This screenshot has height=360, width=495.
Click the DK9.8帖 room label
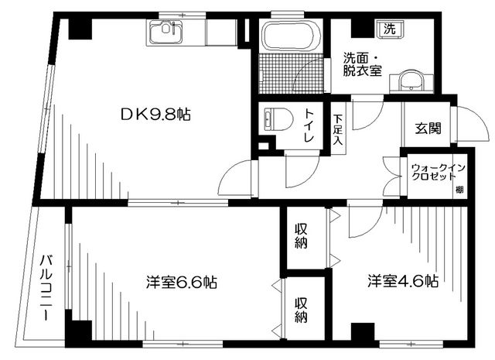155,115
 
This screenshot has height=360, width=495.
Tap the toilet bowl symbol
276,118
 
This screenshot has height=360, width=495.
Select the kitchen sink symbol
164,33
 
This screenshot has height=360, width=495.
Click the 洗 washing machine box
391,29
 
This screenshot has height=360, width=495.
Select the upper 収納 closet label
301,235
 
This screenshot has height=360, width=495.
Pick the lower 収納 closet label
301,309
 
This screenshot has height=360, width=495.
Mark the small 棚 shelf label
459,190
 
